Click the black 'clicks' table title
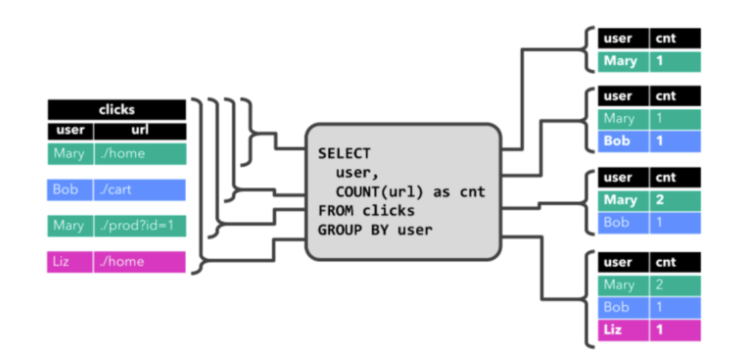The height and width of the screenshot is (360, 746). click(117, 109)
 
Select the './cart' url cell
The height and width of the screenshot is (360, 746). click(140, 189)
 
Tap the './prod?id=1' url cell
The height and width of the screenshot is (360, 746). click(140, 225)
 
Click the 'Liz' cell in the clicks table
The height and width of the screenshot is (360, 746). click(70, 261)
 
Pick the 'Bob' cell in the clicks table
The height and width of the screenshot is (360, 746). click(70, 189)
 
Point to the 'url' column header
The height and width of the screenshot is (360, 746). click(140, 130)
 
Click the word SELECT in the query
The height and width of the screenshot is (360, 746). click(344, 153)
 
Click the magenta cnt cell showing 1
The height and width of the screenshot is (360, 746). click(675, 330)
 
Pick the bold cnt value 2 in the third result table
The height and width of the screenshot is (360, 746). click(675, 200)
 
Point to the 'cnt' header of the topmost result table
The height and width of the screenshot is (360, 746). click(675, 39)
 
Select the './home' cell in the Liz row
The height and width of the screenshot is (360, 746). click(140, 261)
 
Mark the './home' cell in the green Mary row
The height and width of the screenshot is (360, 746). click(140, 153)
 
